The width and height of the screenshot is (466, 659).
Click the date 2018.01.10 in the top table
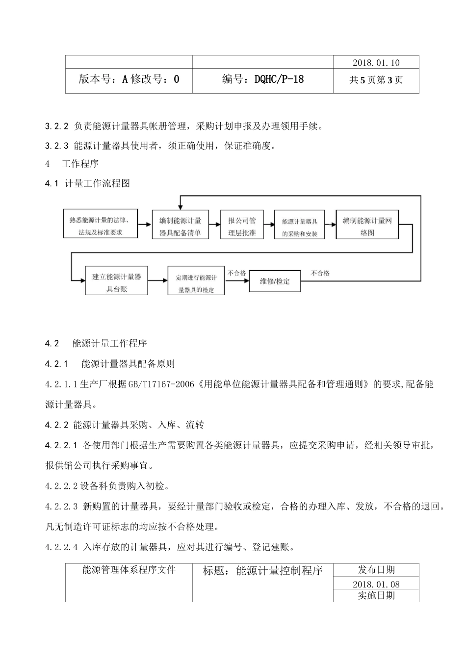[376, 62]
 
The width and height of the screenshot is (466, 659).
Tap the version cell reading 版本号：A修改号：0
[129, 79]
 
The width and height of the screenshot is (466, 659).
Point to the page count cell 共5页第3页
[376, 80]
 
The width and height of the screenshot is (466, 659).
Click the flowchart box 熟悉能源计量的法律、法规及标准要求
[100, 226]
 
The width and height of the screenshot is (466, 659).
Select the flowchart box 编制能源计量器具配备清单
[180, 226]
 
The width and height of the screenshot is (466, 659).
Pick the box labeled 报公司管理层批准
[242, 226]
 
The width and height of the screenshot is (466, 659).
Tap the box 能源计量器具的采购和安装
[299, 227]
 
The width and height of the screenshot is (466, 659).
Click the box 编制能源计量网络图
[367, 226]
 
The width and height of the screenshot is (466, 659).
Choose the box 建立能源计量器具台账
[116, 282]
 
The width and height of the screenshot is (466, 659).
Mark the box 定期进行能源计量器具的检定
[196, 282]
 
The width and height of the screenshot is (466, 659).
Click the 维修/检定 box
[275, 281]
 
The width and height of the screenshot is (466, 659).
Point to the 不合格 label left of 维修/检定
[237, 273]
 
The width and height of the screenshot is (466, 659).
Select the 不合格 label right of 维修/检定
[320, 273]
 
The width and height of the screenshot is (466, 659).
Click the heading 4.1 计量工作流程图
[87, 184]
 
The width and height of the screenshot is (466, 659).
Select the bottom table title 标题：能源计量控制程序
[262, 571]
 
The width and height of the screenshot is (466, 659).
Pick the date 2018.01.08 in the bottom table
[376, 583]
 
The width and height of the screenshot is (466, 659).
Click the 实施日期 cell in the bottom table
[376, 595]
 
